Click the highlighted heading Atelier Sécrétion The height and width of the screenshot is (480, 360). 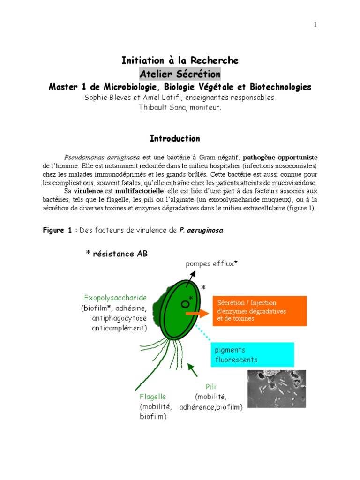coord(180,74)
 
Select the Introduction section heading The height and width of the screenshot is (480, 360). coord(175,138)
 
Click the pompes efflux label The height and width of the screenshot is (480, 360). coord(211,264)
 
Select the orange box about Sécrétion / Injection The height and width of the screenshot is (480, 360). coord(259,311)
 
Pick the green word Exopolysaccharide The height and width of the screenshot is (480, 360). coord(115,298)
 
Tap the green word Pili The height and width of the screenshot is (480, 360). coord(210,386)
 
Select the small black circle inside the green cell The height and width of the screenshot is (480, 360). coord(185,304)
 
